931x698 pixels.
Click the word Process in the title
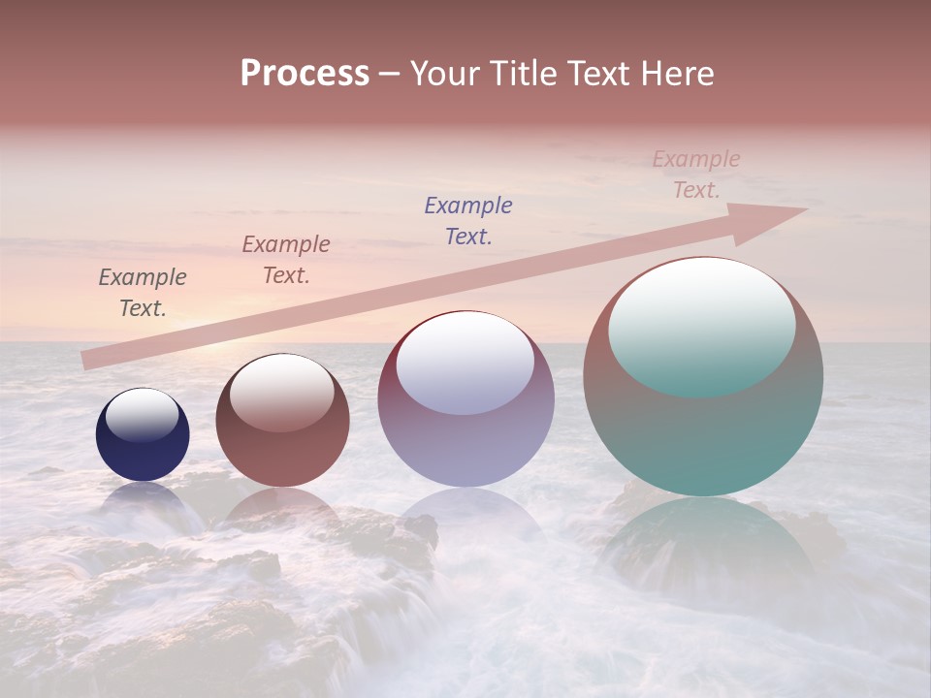point(305,74)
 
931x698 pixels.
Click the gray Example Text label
point(143,293)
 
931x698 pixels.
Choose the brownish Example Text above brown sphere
point(286,260)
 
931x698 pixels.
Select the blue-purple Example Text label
point(468,220)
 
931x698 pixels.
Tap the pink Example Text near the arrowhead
point(696,174)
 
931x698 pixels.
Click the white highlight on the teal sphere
point(702,325)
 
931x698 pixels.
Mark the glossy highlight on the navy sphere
point(143,414)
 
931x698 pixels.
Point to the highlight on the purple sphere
point(465,362)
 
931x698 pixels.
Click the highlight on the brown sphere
point(282,391)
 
